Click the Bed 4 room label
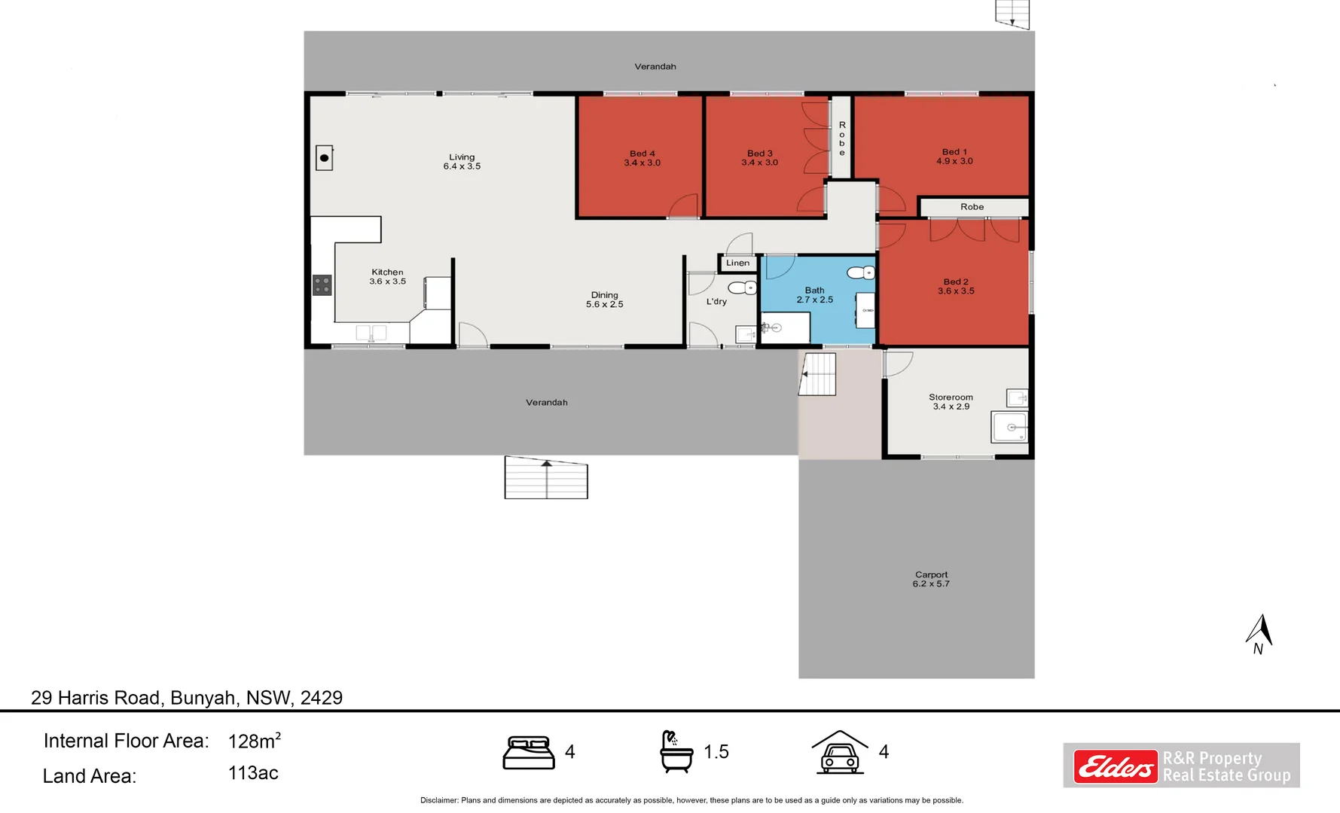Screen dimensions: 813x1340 (642, 158)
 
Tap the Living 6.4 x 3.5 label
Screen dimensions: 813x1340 (462, 162)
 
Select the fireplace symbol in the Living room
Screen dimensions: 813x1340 (324, 158)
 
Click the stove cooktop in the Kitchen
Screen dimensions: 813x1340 (322, 285)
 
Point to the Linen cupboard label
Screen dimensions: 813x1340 (737, 263)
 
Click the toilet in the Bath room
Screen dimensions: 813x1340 (860, 273)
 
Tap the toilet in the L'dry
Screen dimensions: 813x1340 (742, 288)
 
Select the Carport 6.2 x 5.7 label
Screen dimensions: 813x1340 (931, 579)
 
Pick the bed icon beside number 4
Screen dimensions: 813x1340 (529, 753)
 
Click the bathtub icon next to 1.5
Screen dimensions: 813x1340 (676, 751)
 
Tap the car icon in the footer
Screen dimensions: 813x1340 (840, 753)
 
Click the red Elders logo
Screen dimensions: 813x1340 (1116, 767)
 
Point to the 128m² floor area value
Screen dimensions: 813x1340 (254, 741)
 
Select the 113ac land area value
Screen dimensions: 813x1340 (253, 773)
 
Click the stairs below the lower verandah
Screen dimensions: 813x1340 (546, 478)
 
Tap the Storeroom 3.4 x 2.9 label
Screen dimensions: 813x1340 (951, 401)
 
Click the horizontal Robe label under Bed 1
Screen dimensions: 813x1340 (972, 207)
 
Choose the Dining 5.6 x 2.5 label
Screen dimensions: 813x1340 (604, 300)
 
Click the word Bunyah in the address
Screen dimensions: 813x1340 (203, 698)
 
